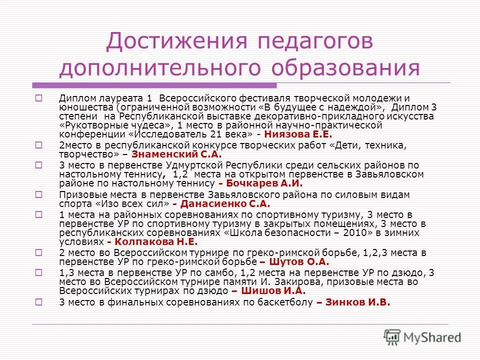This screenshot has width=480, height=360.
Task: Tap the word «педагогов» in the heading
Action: coord(310,41)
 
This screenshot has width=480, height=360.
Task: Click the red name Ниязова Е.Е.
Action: coord(297,134)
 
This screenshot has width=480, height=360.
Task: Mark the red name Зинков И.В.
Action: coord(358,302)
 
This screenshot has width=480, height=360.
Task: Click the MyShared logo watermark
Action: coord(422,336)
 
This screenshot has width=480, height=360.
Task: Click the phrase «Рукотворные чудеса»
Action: coord(118,125)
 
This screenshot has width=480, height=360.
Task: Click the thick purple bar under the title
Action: coord(155,85)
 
